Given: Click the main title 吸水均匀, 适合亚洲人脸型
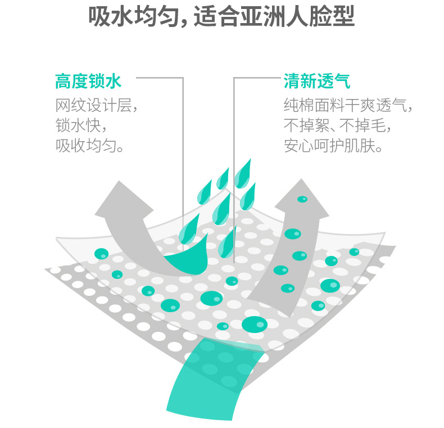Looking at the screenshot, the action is pyautogui.click(x=221, y=17).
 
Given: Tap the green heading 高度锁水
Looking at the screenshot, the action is pyautogui.click(x=88, y=83).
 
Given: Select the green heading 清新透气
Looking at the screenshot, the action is pyautogui.click(x=317, y=83).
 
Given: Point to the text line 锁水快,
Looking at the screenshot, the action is pyautogui.click(x=81, y=125).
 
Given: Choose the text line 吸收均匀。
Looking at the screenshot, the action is pyautogui.click(x=89, y=146).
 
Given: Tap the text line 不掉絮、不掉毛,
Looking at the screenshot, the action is pyautogui.click(x=338, y=125).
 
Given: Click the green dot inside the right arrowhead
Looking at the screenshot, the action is pyautogui.click(x=302, y=199).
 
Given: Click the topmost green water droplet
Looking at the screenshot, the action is pyautogui.click(x=244, y=172).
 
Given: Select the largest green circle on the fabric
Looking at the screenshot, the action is pyautogui.click(x=255, y=324).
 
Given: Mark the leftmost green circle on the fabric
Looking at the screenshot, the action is pyautogui.click(x=101, y=254).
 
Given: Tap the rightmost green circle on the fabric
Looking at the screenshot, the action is pyautogui.click(x=354, y=251).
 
